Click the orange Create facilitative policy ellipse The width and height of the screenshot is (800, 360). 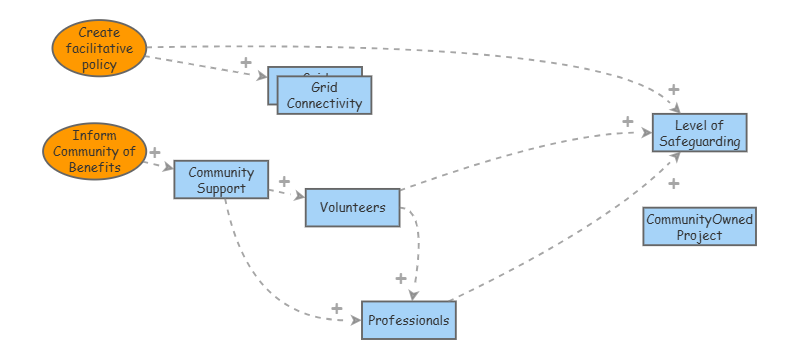(98, 49)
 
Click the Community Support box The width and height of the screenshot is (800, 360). (221, 180)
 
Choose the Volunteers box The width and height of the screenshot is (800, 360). (352, 207)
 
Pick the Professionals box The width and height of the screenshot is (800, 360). (408, 320)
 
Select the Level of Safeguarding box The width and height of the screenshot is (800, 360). (699, 133)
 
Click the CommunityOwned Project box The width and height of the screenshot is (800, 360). (699, 226)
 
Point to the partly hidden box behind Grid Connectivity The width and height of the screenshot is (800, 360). (272, 86)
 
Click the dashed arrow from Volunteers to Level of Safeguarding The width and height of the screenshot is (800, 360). (520, 161)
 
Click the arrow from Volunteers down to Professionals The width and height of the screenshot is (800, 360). (417, 250)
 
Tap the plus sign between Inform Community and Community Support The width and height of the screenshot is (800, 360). (154, 153)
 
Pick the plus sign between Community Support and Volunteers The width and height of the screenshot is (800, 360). (284, 182)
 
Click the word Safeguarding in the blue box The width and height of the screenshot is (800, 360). (699, 141)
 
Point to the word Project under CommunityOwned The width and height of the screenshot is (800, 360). (699, 235)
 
